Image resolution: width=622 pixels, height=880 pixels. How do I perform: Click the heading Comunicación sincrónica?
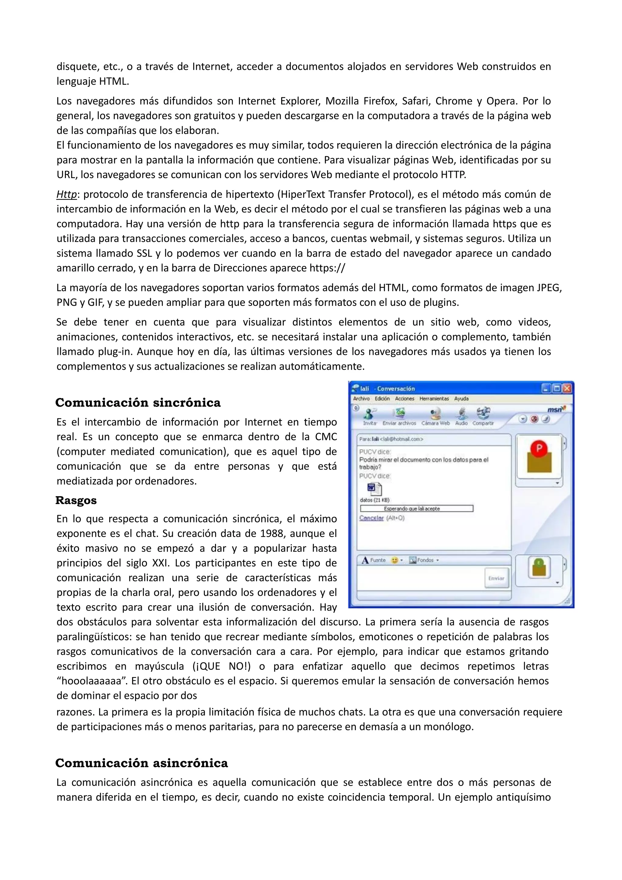pos(138,403)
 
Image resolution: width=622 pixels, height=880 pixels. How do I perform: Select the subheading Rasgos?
pos(76,500)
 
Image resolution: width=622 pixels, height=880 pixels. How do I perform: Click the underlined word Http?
pos(67,195)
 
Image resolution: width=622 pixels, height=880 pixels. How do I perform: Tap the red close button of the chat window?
pos(567,389)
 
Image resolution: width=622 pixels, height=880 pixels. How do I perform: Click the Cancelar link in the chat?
pos(371,518)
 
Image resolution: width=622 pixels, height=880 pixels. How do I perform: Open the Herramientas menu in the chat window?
pos(434,399)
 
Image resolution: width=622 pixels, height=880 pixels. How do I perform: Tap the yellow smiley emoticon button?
pos(394,560)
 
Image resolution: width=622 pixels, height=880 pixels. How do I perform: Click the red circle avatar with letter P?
pos(539,448)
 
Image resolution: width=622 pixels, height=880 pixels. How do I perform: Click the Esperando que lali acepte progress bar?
pos(416,509)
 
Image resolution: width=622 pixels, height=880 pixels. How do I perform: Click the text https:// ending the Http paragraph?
pos(327,268)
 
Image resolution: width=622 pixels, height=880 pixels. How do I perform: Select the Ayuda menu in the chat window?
pos(461,399)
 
